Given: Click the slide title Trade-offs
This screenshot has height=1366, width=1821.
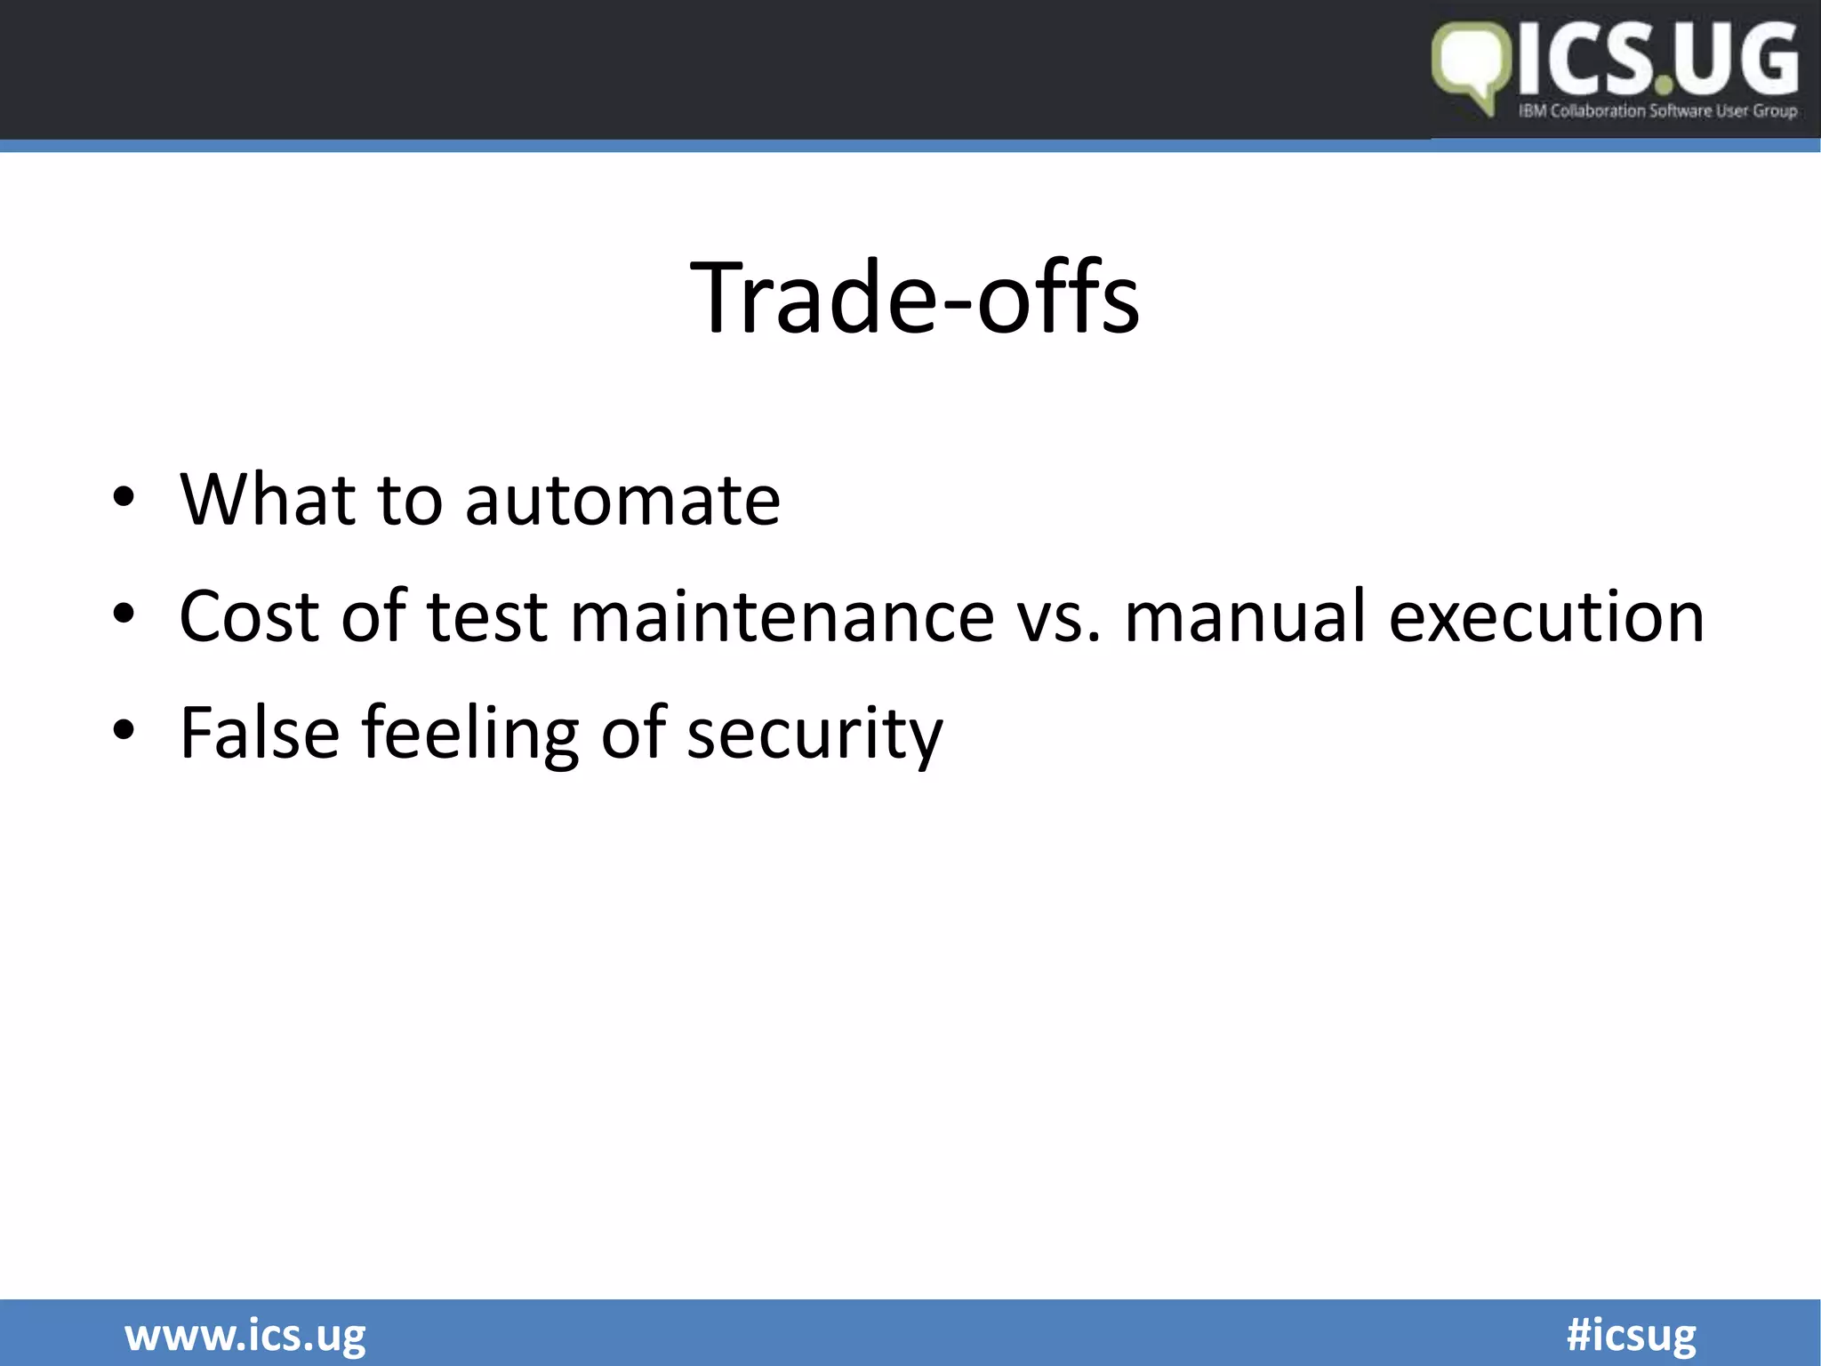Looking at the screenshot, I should [x=914, y=297].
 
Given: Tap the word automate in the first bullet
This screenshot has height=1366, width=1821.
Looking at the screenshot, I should [x=622, y=500].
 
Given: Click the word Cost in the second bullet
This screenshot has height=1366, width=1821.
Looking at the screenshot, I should [x=249, y=615].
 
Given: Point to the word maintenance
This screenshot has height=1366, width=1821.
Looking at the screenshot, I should [x=782, y=615].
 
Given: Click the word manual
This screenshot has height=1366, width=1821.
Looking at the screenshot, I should [x=1245, y=615].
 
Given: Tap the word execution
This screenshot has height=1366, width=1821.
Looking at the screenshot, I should [x=1547, y=615].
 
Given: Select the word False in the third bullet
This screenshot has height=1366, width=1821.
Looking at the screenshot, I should [x=260, y=732].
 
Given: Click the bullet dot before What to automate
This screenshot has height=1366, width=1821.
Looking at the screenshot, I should [x=124, y=498].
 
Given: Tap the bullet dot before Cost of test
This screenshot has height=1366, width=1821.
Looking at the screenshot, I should [x=124, y=615].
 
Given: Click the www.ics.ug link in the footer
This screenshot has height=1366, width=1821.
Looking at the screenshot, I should [x=245, y=1335].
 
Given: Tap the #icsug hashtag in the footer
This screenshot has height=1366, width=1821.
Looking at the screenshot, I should [x=1631, y=1335].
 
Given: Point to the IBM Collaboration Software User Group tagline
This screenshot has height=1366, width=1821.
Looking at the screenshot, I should [x=1657, y=111].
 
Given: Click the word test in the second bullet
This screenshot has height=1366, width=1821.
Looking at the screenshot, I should [x=487, y=615].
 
